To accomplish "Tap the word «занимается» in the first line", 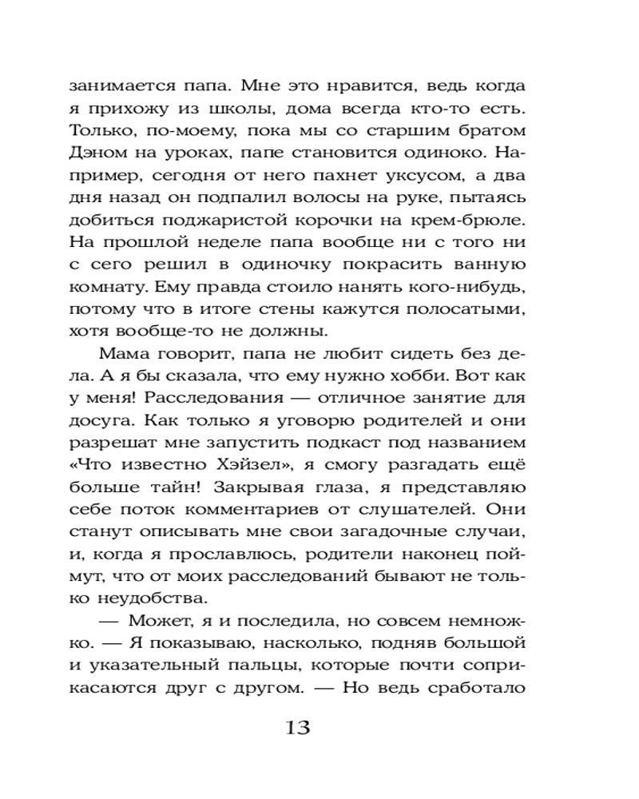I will (116, 86).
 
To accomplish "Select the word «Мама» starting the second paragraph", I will (124, 354).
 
